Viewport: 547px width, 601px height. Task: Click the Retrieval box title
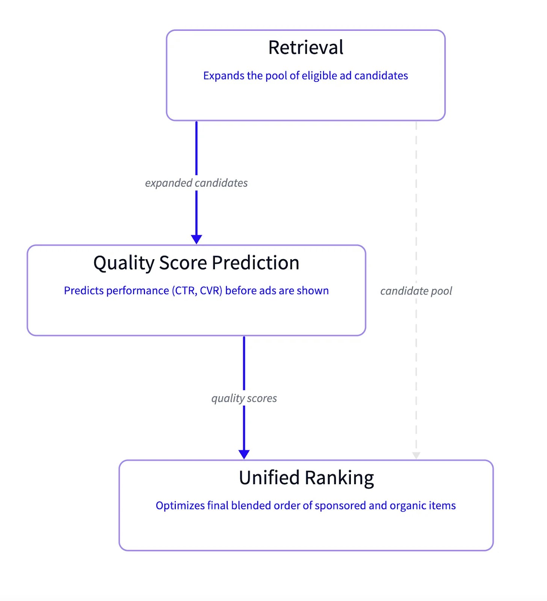pyautogui.click(x=305, y=48)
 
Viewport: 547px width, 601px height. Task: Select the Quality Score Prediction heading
pyautogui.click(x=196, y=263)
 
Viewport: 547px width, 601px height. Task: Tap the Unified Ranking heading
pyautogui.click(x=306, y=478)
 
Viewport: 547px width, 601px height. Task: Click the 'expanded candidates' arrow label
pyautogui.click(x=196, y=183)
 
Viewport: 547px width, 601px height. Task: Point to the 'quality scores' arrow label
pyautogui.click(x=244, y=398)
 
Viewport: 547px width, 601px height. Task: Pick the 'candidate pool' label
pyautogui.click(x=416, y=291)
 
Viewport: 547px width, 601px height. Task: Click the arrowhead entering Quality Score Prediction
pyautogui.click(x=196, y=239)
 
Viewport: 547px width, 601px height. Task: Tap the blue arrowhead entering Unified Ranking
pyautogui.click(x=244, y=454)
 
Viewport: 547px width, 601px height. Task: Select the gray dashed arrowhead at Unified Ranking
pyautogui.click(x=416, y=455)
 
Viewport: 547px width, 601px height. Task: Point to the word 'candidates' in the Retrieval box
pyautogui.click(x=381, y=76)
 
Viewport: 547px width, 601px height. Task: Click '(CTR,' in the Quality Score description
pyautogui.click(x=184, y=291)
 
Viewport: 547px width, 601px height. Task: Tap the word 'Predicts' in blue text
pyautogui.click(x=83, y=291)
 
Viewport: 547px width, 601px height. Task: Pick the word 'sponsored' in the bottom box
pyautogui.click(x=340, y=506)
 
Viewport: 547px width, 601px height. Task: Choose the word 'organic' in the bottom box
pyautogui.click(x=408, y=506)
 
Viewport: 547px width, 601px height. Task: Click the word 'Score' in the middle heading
pyautogui.click(x=183, y=263)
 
